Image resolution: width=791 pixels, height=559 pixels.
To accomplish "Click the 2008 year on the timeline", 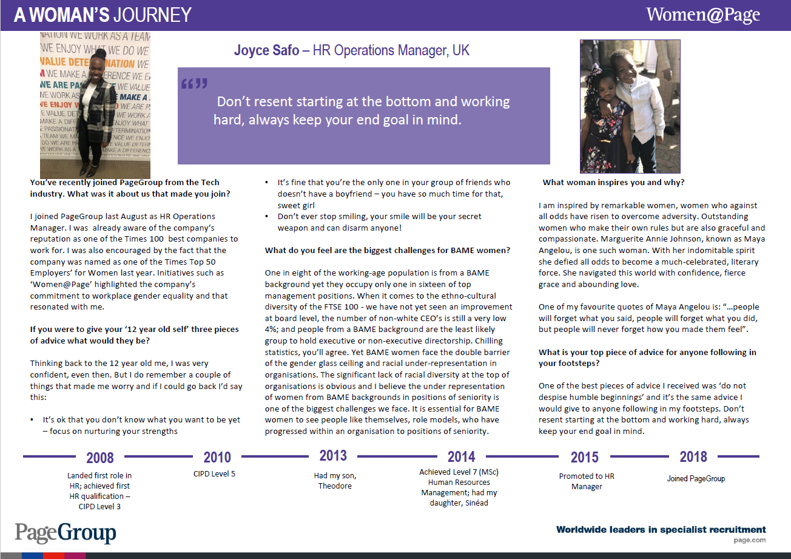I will (x=100, y=458).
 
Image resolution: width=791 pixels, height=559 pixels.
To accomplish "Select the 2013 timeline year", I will (x=333, y=455).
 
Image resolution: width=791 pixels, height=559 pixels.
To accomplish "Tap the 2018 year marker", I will (x=693, y=456).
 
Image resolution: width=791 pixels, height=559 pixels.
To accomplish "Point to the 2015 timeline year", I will (x=584, y=458).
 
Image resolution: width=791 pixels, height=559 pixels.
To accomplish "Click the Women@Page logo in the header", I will (x=702, y=15).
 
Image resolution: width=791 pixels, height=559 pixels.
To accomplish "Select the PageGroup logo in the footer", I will (x=66, y=532).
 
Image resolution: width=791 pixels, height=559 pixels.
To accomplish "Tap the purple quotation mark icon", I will (x=194, y=83).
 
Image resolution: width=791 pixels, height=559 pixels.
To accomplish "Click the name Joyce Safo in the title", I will (x=267, y=50).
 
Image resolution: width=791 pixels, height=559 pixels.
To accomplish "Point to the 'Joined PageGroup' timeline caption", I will (x=696, y=478).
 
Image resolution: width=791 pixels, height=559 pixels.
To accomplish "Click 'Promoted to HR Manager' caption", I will (x=587, y=481).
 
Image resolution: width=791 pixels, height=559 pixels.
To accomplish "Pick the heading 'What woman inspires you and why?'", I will (x=613, y=182).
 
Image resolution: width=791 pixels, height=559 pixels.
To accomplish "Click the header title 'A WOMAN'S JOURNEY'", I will (x=103, y=15).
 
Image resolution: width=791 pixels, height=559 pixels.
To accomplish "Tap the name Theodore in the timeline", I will (x=335, y=486).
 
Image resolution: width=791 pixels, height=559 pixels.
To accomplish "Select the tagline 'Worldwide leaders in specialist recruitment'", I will (x=661, y=530).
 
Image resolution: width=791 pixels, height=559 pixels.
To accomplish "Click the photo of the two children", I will (x=630, y=106).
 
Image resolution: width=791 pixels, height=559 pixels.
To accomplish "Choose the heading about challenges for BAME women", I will (x=387, y=250).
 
